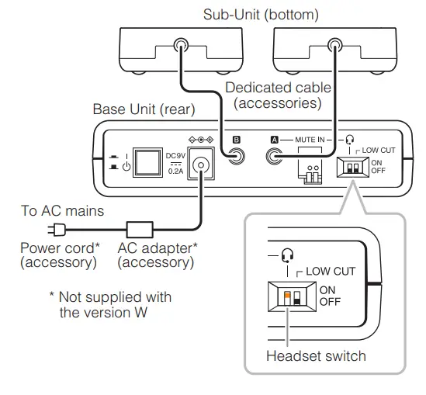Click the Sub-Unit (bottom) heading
tap(261, 15)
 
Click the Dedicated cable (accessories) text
tap(278, 95)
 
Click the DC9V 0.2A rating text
tap(175, 162)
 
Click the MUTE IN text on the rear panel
tap(310, 140)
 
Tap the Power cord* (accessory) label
tap(59, 255)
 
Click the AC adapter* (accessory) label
tap(155, 255)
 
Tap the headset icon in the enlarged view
tap(288, 255)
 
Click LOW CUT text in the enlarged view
tap(331, 271)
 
